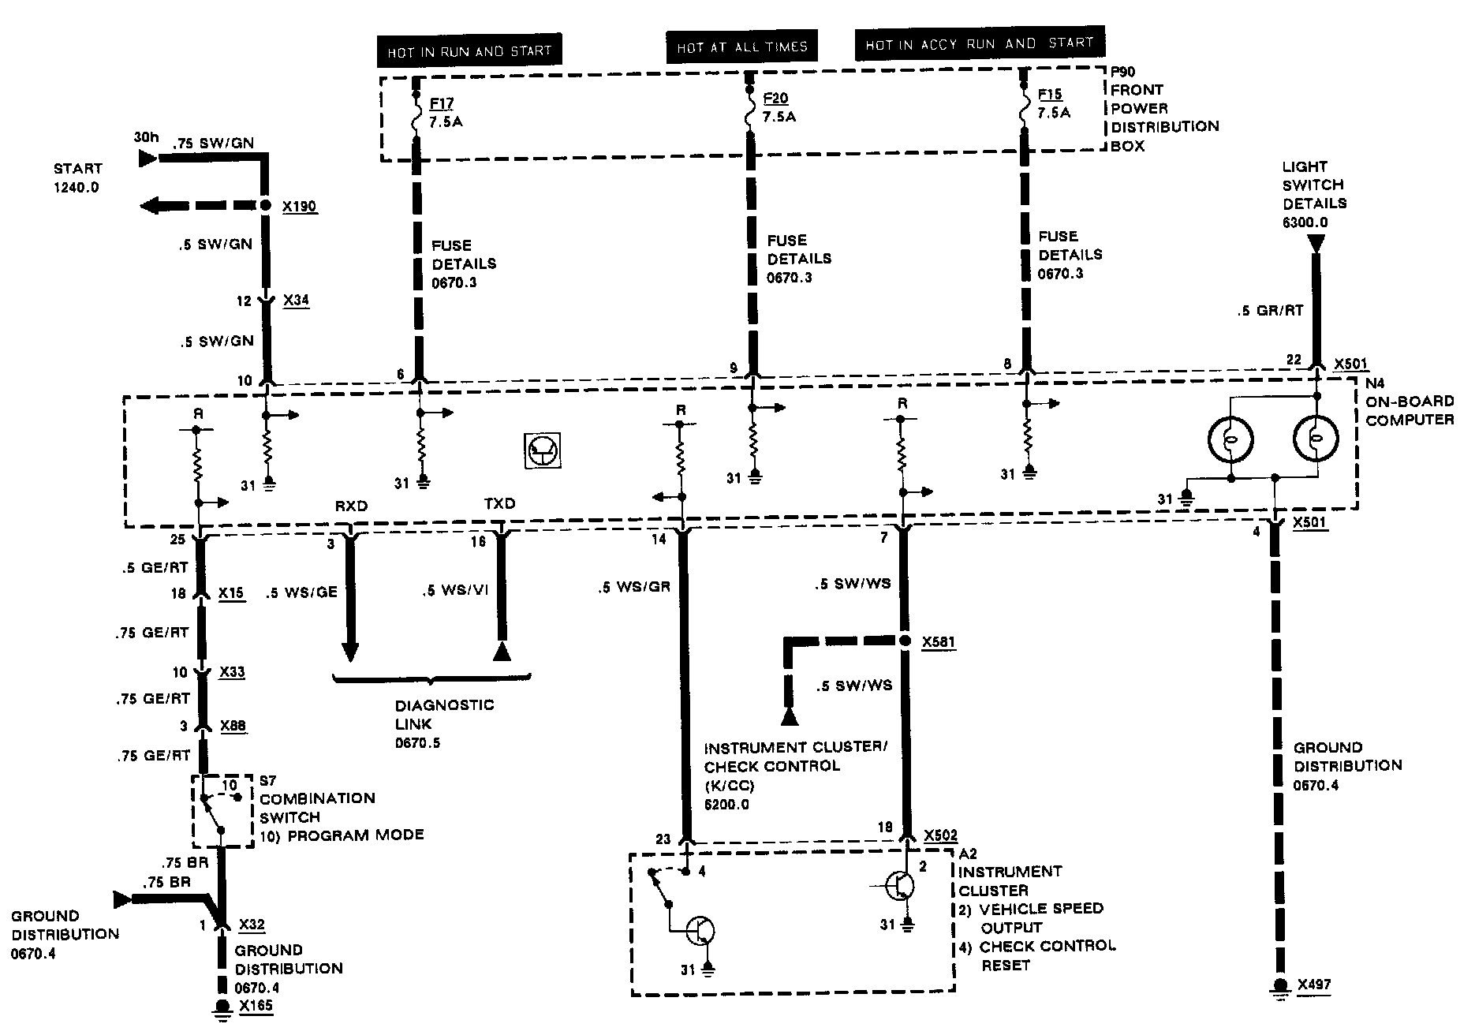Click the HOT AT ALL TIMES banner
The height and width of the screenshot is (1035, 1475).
coord(741,47)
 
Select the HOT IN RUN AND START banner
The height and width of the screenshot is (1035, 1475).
coord(469,51)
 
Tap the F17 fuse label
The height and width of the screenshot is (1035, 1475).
coord(442,103)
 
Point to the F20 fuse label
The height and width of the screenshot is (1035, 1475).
coord(775,98)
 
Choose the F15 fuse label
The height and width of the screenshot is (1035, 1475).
coord(1050,94)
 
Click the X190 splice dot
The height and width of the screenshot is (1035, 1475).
coord(267,206)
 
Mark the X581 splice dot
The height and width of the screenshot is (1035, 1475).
coord(905,641)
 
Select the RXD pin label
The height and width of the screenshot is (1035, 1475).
coord(351,506)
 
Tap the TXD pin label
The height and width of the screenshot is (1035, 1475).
coord(499,503)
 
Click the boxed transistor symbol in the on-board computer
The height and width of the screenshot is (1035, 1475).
coord(543,450)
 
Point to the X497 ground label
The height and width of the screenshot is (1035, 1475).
coord(1313,984)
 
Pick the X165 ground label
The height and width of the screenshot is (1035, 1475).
coord(256,1006)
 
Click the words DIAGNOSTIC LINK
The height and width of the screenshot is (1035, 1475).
coord(444,714)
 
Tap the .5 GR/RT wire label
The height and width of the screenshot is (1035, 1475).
coord(1271,310)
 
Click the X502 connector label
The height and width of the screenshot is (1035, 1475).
coord(940,835)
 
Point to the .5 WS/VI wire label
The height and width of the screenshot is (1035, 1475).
coord(455,592)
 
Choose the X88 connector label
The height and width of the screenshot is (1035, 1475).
coord(232,726)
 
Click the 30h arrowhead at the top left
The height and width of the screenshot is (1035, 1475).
coord(147,159)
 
